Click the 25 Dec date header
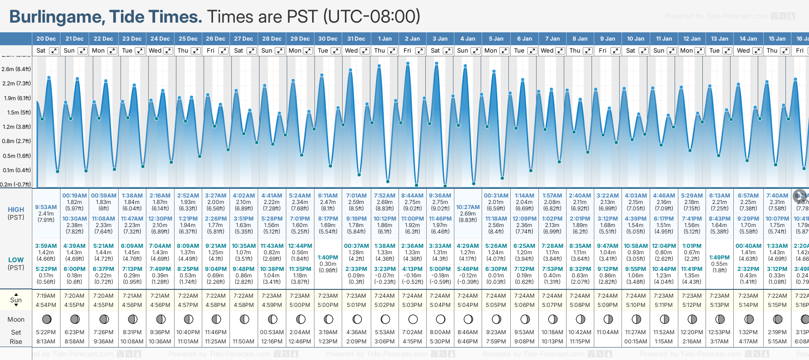click(188, 39)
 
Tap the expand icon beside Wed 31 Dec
click(365, 51)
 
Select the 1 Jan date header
click(385, 39)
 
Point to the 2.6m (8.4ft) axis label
click(16, 69)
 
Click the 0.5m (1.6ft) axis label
click(16, 156)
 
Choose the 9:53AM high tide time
click(46, 207)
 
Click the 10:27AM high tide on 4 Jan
click(468, 207)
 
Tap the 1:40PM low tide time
click(328, 258)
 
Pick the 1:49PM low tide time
click(719, 258)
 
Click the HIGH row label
click(16, 210)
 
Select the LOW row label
click(16, 260)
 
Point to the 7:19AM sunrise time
click(46, 296)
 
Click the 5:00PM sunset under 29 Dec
click(300, 305)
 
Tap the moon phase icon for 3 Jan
click(441, 319)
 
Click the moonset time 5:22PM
click(46, 332)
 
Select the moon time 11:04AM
click(608, 332)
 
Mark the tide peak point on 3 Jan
click(436, 63)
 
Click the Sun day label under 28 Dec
click(267, 51)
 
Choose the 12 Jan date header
click(692, 39)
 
